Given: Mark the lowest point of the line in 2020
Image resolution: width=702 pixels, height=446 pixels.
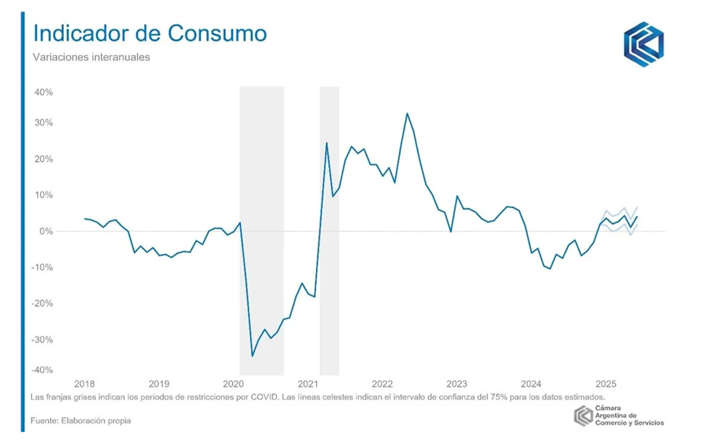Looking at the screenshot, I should tap(252, 356).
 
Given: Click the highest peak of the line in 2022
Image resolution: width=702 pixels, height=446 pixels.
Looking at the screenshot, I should tap(407, 113).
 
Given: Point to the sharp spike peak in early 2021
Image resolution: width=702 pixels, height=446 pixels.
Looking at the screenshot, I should tap(327, 143).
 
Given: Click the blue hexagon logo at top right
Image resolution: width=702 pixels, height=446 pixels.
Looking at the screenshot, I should tap(643, 45).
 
